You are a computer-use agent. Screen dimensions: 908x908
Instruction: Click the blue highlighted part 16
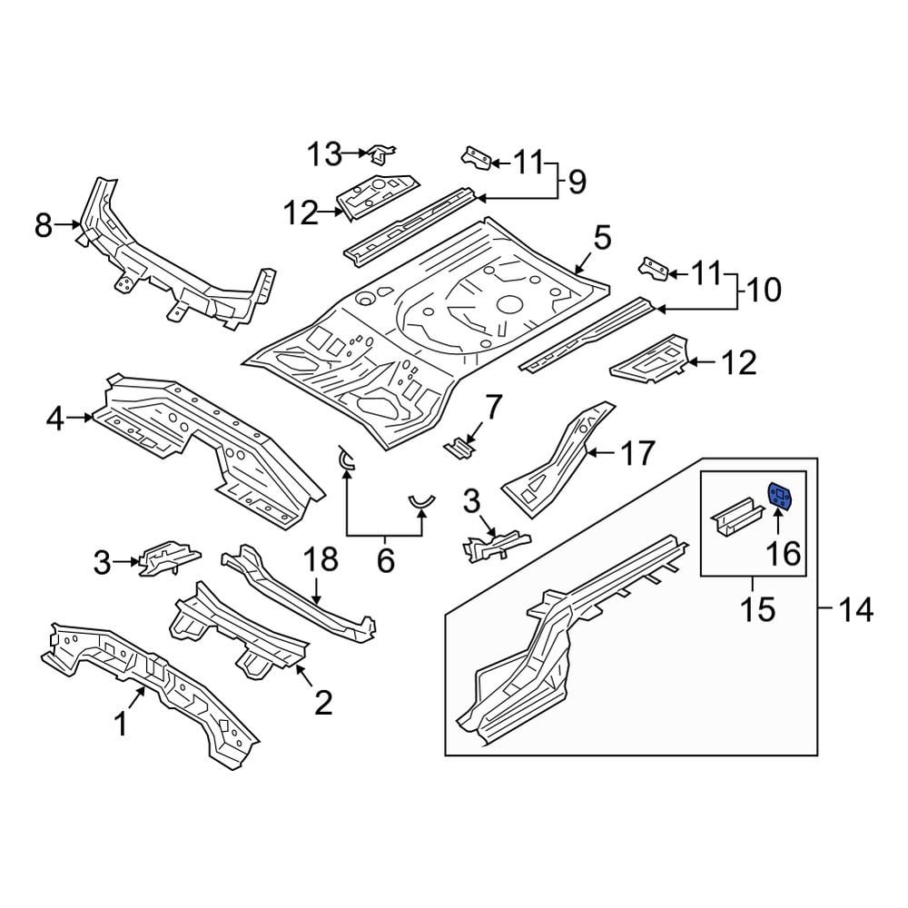click(x=780, y=497)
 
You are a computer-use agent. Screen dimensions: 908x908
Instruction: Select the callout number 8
click(x=44, y=224)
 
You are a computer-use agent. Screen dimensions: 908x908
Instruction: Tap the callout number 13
click(x=322, y=154)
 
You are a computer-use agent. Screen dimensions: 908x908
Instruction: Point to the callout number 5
click(x=603, y=240)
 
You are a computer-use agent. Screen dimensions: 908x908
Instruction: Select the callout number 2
click(x=322, y=700)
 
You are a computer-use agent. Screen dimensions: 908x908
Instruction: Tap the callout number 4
click(x=55, y=419)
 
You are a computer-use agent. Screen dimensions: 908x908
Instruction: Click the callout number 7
click(x=491, y=408)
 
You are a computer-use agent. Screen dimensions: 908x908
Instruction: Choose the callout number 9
click(x=577, y=182)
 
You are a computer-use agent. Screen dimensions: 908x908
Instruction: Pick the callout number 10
click(x=764, y=291)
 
